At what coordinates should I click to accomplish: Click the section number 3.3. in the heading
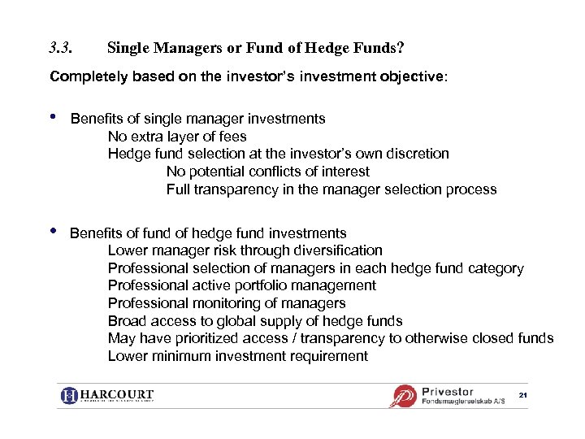pyautogui.click(x=61, y=48)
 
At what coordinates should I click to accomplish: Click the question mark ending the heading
pyautogui.click(x=400, y=48)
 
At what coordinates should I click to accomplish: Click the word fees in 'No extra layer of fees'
pyautogui.click(x=232, y=137)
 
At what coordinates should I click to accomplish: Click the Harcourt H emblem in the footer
pyautogui.click(x=69, y=396)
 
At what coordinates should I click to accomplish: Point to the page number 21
pyautogui.click(x=522, y=395)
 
